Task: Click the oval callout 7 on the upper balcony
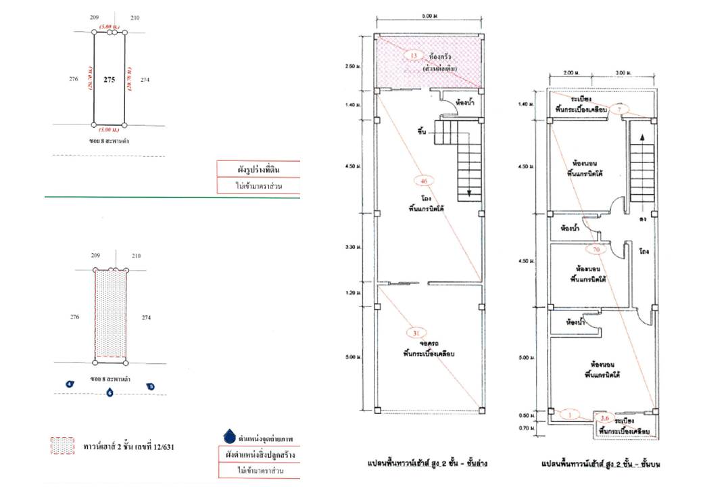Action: click(x=622, y=109)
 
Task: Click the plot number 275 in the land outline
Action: click(x=109, y=79)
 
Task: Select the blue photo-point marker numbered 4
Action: click(x=69, y=384)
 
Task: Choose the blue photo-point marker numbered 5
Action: click(x=151, y=386)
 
